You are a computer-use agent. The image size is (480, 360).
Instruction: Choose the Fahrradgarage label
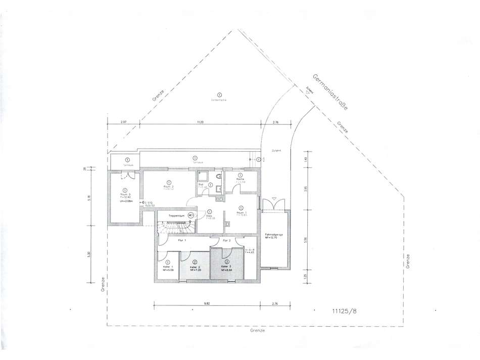click(x=273, y=235)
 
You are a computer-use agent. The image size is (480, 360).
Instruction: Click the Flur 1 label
click(x=182, y=241)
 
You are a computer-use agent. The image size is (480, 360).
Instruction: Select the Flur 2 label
click(x=226, y=241)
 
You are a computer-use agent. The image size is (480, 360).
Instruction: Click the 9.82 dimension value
click(x=207, y=303)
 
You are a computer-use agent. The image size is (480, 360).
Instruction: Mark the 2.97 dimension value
click(x=123, y=122)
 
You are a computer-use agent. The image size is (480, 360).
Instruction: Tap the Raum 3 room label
click(x=125, y=194)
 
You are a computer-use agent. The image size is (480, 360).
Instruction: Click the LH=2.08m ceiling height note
click(x=125, y=201)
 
